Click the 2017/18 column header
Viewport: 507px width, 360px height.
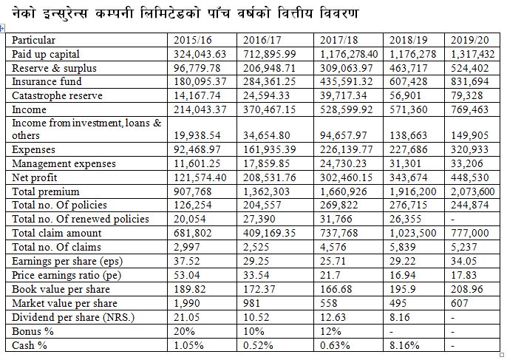click(x=338, y=40)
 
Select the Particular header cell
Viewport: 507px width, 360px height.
click(x=34, y=40)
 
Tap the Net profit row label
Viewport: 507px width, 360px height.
click(x=34, y=177)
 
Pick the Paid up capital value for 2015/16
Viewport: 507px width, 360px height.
click(x=200, y=54)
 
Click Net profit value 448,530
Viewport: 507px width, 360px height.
click(x=469, y=177)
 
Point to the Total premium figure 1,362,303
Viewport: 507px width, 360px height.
click(x=266, y=191)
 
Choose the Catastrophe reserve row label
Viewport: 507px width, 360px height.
click(x=57, y=96)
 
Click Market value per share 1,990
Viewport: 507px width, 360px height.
click(x=186, y=303)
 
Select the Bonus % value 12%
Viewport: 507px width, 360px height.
click(x=330, y=331)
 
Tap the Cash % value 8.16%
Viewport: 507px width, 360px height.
click(x=404, y=345)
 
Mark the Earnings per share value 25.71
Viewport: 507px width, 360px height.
click(x=333, y=261)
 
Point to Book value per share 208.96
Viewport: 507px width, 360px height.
click(x=466, y=289)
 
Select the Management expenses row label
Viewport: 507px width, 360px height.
click(x=64, y=163)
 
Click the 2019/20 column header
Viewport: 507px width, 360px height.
click(x=469, y=40)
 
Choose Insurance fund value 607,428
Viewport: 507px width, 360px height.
click(x=408, y=81)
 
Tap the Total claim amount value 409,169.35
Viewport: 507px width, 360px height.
click(x=269, y=233)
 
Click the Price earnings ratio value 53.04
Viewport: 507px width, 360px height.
click(x=186, y=275)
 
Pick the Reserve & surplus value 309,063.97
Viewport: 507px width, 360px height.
click(x=347, y=68)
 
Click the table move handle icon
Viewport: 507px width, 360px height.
click(x=1, y=29)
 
